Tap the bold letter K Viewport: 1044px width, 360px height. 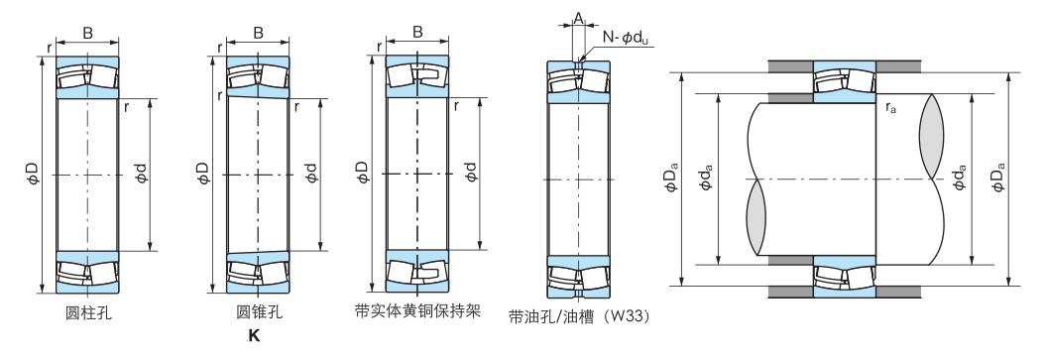(255, 336)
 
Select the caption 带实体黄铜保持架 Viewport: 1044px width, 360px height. (418, 310)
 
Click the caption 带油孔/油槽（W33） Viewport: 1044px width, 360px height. (578, 316)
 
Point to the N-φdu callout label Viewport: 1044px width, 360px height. (626, 40)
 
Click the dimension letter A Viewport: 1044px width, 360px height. (579, 17)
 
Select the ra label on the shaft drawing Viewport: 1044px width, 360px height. (891, 108)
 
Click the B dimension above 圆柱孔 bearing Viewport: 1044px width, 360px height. (87, 32)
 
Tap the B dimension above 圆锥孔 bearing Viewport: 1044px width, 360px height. (259, 32)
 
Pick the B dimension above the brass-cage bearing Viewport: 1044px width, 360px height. (417, 32)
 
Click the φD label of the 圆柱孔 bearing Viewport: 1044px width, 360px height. (34, 176)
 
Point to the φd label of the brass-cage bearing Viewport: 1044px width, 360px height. (471, 172)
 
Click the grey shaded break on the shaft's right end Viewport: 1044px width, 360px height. (931, 137)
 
